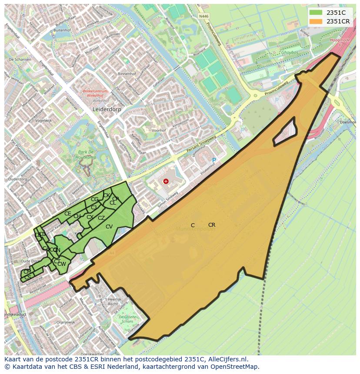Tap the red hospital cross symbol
pyautogui.click(x=166, y=181)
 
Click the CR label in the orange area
pyautogui.click(x=212, y=225)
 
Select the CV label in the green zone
pyautogui.click(x=109, y=227)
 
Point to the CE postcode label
pyautogui.click(x=67, y=214)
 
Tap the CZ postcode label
pyautogui.click(x=101, y=218)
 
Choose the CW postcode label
pyautogui.click(x=62, y=264)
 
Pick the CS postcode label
pyautogui.click(x=27, y=277)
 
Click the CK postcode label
pyautogui.click(x=107, y=195)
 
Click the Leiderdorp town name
pyautogui.click(x=107, y=110)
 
